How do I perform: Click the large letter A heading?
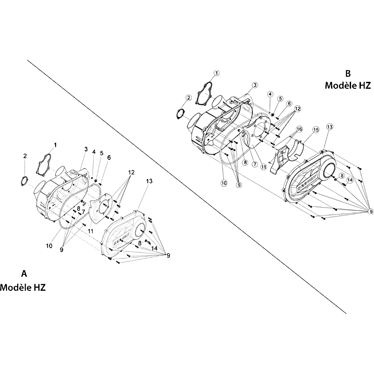pyautogui.click(x=24, y=274)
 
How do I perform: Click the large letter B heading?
pyautogui.click(x=348, y=73)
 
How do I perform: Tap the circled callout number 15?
pyautogui.click(x=316, y=130)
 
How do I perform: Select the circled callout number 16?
pyautogui.click(x=299, y=129)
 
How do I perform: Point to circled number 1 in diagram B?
pyautogui.click(x=216, y=73)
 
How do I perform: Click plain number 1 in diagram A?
pyautogui.click(x=55, y=145)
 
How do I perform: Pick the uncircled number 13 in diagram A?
pyautogui.click(x=149, y=181)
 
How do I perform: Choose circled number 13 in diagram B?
pyautogui.click(x=330, y=127)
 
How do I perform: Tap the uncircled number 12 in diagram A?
pyautogui.click(x=131, y=172)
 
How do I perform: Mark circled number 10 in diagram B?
pyautogui.click(x=224, y=183)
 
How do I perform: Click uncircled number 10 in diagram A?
pyautogui.click(x=49, y=246)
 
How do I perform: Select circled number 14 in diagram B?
pyautogui.click(x=350, y=180)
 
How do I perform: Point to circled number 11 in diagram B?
pyautogui.click(x=263, y=167)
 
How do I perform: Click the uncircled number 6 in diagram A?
pyautogui.click(x=109, y=158)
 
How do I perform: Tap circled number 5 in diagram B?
pyautogui.click(x=280, y=99)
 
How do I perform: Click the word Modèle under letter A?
pyautogui.click(x=16, y=288)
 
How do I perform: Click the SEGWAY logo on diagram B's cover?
pyautogui.click(x=308, y=182)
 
